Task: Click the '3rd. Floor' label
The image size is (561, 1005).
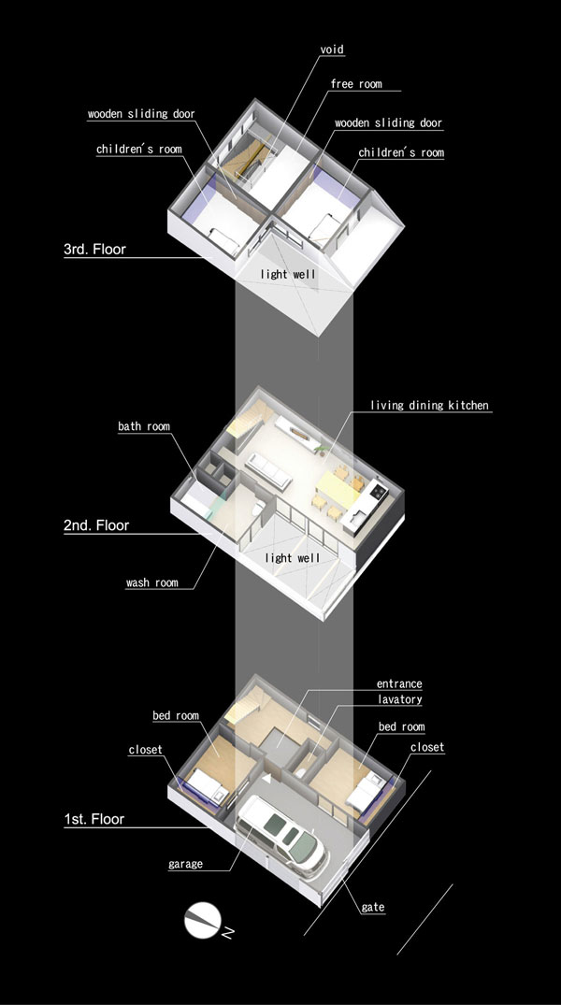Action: coord(94,250)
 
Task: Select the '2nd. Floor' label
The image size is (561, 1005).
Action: coord(96,525)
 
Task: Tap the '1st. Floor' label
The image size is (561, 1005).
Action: coord(94,819)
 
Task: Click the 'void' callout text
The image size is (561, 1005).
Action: coord(332,50)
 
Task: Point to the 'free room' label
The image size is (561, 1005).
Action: coord(356,84)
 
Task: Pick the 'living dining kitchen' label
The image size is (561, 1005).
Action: coord(429,405)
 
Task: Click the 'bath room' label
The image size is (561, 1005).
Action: coord(144,426)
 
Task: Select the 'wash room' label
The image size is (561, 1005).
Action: coord(152,582)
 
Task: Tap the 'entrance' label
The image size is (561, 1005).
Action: coord(399,684)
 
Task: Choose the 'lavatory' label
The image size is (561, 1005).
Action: coord(399,699)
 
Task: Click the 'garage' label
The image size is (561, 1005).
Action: coord(185,864)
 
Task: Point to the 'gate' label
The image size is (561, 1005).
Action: coord(372,907)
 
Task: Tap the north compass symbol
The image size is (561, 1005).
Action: coord(203,921)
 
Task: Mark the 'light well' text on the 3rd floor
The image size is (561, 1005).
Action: coord(288,274)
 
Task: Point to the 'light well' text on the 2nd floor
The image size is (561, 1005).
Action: coord(293,557)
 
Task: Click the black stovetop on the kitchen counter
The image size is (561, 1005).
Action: coord(377,492)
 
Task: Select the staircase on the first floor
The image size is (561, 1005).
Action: coord(242,705)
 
